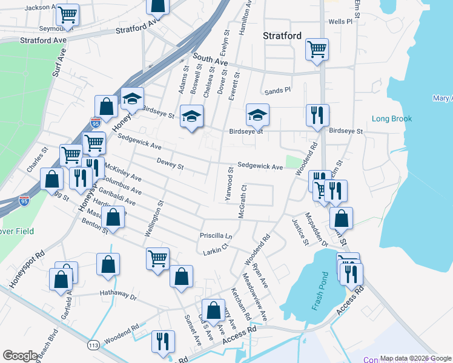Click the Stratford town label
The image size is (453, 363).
pos(282,36)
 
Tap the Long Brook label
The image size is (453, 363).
pos(392,119)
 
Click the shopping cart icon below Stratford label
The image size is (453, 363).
pos(317,49)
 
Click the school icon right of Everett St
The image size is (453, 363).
pos(257,114)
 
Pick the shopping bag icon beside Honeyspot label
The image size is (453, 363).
pos(106,106)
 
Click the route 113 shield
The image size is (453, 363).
pos(93,345)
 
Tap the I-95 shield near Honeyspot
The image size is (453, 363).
pos(95,123)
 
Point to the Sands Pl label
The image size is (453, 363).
pos(278,91)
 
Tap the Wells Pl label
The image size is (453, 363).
pos(340,21)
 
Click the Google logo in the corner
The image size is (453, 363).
pos(20,356)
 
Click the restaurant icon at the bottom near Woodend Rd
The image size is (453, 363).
pos(162,341)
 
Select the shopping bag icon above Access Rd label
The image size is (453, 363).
pos(213,310)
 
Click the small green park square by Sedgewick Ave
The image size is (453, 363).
pos(293,163)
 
